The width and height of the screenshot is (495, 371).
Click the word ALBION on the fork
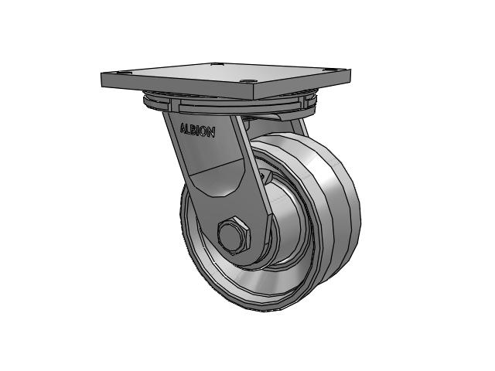(x=198, y=130)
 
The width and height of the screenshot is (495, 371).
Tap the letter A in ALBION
(x=183, y=128)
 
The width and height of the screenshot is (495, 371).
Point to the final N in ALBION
(x=211, y=132)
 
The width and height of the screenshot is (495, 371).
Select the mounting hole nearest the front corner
(x=247, y=80)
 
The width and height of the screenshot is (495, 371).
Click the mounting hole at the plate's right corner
(x=326, y=70)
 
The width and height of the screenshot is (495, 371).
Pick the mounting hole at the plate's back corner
(x=216, y=64)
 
